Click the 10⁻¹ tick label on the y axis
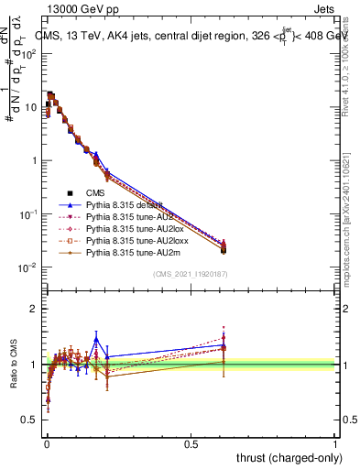(x=27, y=214)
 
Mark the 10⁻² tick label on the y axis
(x=27, y=267)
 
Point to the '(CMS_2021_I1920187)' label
(x=191, y=274)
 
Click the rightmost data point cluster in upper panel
(x=223, y=246)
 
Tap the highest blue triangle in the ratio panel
(x=95, y=339)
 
